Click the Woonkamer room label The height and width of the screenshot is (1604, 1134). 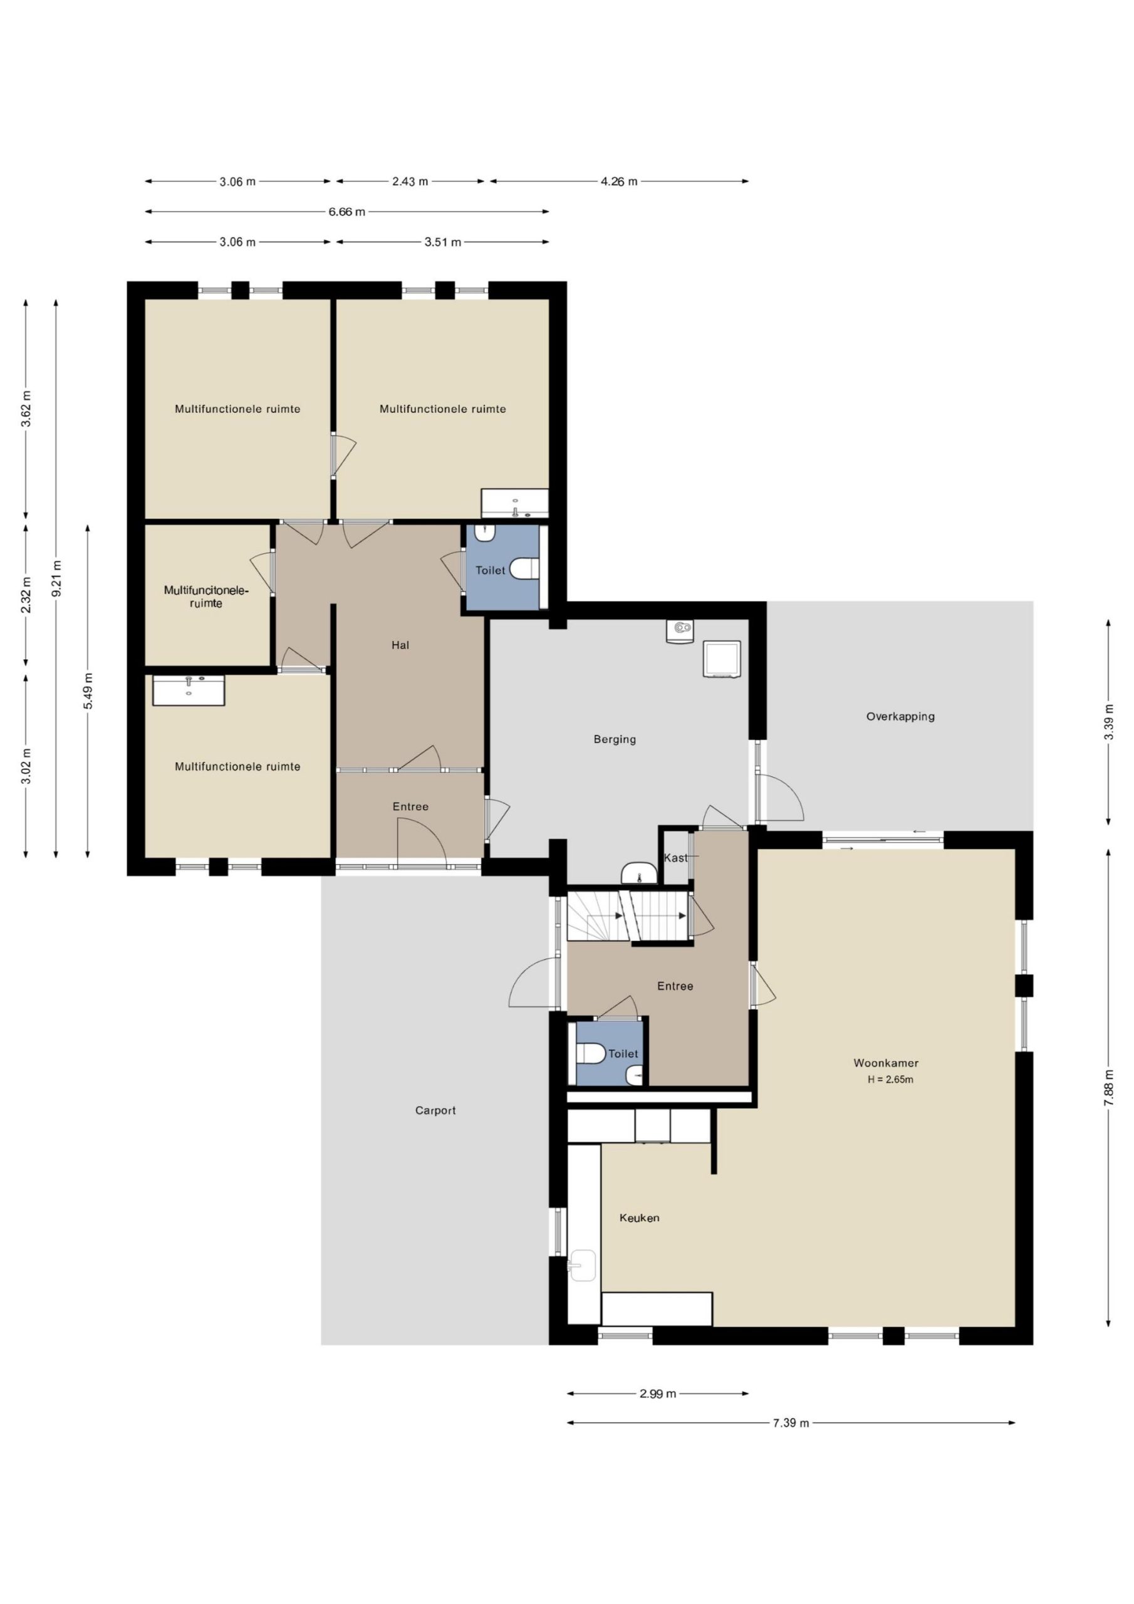(885, 1063)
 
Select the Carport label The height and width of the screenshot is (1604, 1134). (435, 1110)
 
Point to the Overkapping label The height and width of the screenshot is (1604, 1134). (900, 716)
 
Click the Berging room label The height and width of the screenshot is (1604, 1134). (615, 739)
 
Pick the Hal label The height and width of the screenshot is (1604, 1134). (400, 645)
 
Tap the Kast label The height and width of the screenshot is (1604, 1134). (675, 858)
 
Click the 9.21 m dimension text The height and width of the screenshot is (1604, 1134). (56, 578)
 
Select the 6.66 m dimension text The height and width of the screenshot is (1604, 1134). (346, 212)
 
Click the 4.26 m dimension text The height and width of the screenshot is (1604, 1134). (619, 182)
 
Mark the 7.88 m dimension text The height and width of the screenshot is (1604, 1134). (1108, 1088)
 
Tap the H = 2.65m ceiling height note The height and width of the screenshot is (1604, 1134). (890, 1080)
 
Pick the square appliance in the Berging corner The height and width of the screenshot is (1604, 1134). (722, 659)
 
